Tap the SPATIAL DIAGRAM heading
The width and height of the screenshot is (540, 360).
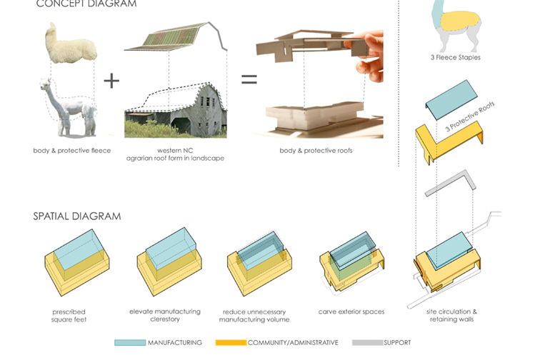(x=76, y=216)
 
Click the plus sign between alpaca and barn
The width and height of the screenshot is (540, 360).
(x=111, y=80)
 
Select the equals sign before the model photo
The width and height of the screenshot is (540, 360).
(x=249, y=80)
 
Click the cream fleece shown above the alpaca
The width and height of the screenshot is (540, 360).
(x=70, y=44)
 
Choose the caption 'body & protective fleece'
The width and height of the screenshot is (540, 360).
(x=71, y=151)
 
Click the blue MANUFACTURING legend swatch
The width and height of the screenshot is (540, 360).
(x=129, y=343)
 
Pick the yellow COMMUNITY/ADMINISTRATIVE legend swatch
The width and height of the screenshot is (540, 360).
(x=230, y=343)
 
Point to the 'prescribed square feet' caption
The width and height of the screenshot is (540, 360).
(x=69, y=316)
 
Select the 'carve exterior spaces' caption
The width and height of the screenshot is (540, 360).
(x=351, y=312)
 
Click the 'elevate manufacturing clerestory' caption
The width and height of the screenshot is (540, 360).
(x=165, y=316)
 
